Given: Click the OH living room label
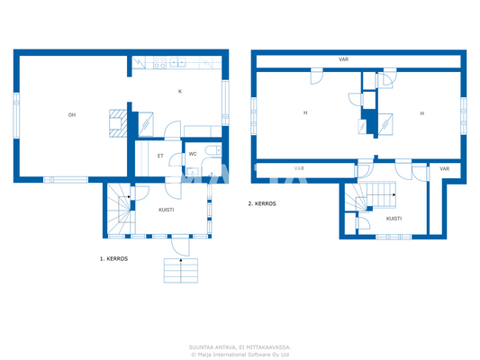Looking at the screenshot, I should point(71,114).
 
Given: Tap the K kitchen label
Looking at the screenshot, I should point(179,91).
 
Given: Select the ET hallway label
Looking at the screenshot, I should point(160,156).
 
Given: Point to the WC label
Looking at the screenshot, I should point(193,155).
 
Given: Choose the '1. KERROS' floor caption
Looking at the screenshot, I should point(113,258).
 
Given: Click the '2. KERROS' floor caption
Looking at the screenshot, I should point(262,204).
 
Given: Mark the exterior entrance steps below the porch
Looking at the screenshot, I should point(181,270).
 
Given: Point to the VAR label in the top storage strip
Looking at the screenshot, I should point(344,59).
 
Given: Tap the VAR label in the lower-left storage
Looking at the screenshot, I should point(299,168).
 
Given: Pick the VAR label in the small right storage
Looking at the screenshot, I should point(444,168).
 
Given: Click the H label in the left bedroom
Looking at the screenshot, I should point(305,112).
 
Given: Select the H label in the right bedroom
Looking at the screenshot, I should point(421,112).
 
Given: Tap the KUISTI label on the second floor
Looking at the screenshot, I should point(394,218).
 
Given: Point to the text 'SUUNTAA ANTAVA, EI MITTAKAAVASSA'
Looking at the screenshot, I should point(240,346).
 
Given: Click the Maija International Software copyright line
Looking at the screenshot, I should point(240,354).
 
